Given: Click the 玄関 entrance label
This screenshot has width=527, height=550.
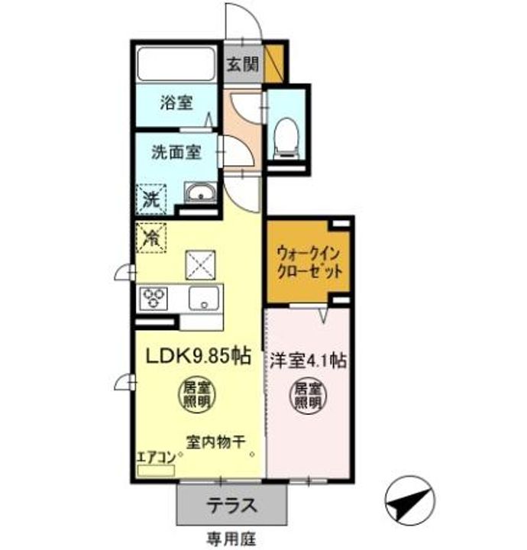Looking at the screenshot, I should [243, 64].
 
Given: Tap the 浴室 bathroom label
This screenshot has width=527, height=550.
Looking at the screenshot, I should [176, 102].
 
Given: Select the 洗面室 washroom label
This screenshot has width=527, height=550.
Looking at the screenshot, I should [176, 152].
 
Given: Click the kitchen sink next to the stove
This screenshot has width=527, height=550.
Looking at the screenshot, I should [205, 299].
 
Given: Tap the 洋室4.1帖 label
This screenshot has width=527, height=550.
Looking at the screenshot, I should [307, 360].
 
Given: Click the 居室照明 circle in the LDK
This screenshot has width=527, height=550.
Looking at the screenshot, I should [197, 395].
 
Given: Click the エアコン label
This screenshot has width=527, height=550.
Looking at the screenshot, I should [156, 458].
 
